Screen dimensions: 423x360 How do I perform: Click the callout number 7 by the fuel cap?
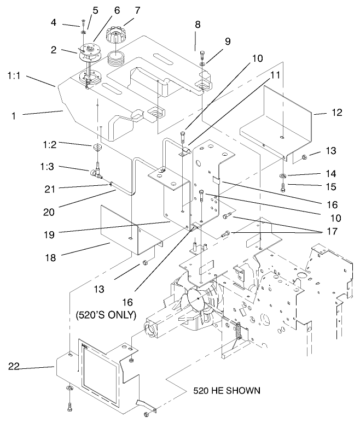pyautogui.click(x=137, y=10)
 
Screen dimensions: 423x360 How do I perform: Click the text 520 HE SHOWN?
pyautogui.click(x=227, y=391)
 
